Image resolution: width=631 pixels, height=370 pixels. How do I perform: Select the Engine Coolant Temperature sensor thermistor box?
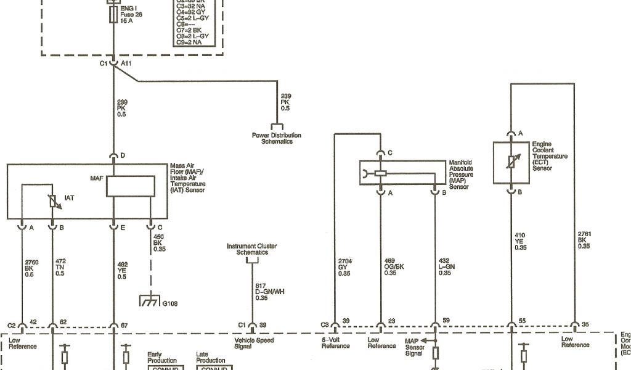(x=511, y=162)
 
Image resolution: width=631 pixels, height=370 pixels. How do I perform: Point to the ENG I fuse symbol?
(x=113, y=15)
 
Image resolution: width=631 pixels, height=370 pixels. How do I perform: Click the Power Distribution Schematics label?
(x=277, y=138)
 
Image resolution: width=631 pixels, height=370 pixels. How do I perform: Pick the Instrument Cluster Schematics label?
(x=251, y=250)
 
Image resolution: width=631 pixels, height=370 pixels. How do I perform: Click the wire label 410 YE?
(x=521, y=240)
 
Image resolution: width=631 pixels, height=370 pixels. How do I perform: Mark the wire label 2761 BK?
(x=584, y=240)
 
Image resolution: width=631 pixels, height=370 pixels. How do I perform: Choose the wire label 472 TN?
(x=60, y=267)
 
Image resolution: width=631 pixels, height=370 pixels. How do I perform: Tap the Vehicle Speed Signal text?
(x=254, y=343)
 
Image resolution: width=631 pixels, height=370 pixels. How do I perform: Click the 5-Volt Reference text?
(x=335, y=343)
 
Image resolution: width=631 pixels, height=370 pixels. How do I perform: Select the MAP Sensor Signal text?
(x=415, y=347)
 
